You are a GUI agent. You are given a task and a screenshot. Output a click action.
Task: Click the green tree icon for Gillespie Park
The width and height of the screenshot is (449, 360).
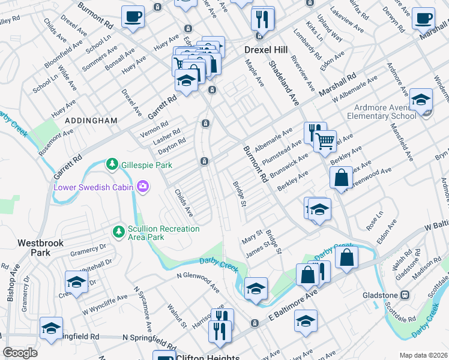click(x=111, y=164)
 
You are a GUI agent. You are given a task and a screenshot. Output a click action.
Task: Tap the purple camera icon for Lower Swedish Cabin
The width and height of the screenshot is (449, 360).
click(x=143, y=187)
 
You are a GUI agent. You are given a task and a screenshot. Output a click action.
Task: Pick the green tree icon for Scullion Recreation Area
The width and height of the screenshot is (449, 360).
click(x=118, y=230)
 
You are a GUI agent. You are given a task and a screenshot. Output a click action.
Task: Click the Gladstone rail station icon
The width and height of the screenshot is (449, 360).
click(x=405, y=295)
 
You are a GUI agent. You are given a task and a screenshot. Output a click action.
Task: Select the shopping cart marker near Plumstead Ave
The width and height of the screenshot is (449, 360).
click(x=325, y=142)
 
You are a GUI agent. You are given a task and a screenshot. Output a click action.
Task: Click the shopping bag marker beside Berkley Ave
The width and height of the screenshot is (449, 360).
click(x=341, y=178)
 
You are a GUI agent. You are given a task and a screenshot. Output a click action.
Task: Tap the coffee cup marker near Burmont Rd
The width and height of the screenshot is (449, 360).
click(x=133, y=16)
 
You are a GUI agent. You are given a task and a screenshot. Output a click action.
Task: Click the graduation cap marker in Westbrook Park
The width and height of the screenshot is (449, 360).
click(x=77, y=281)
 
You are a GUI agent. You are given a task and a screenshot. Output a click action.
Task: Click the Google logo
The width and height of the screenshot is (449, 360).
click(x=20, y=353)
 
